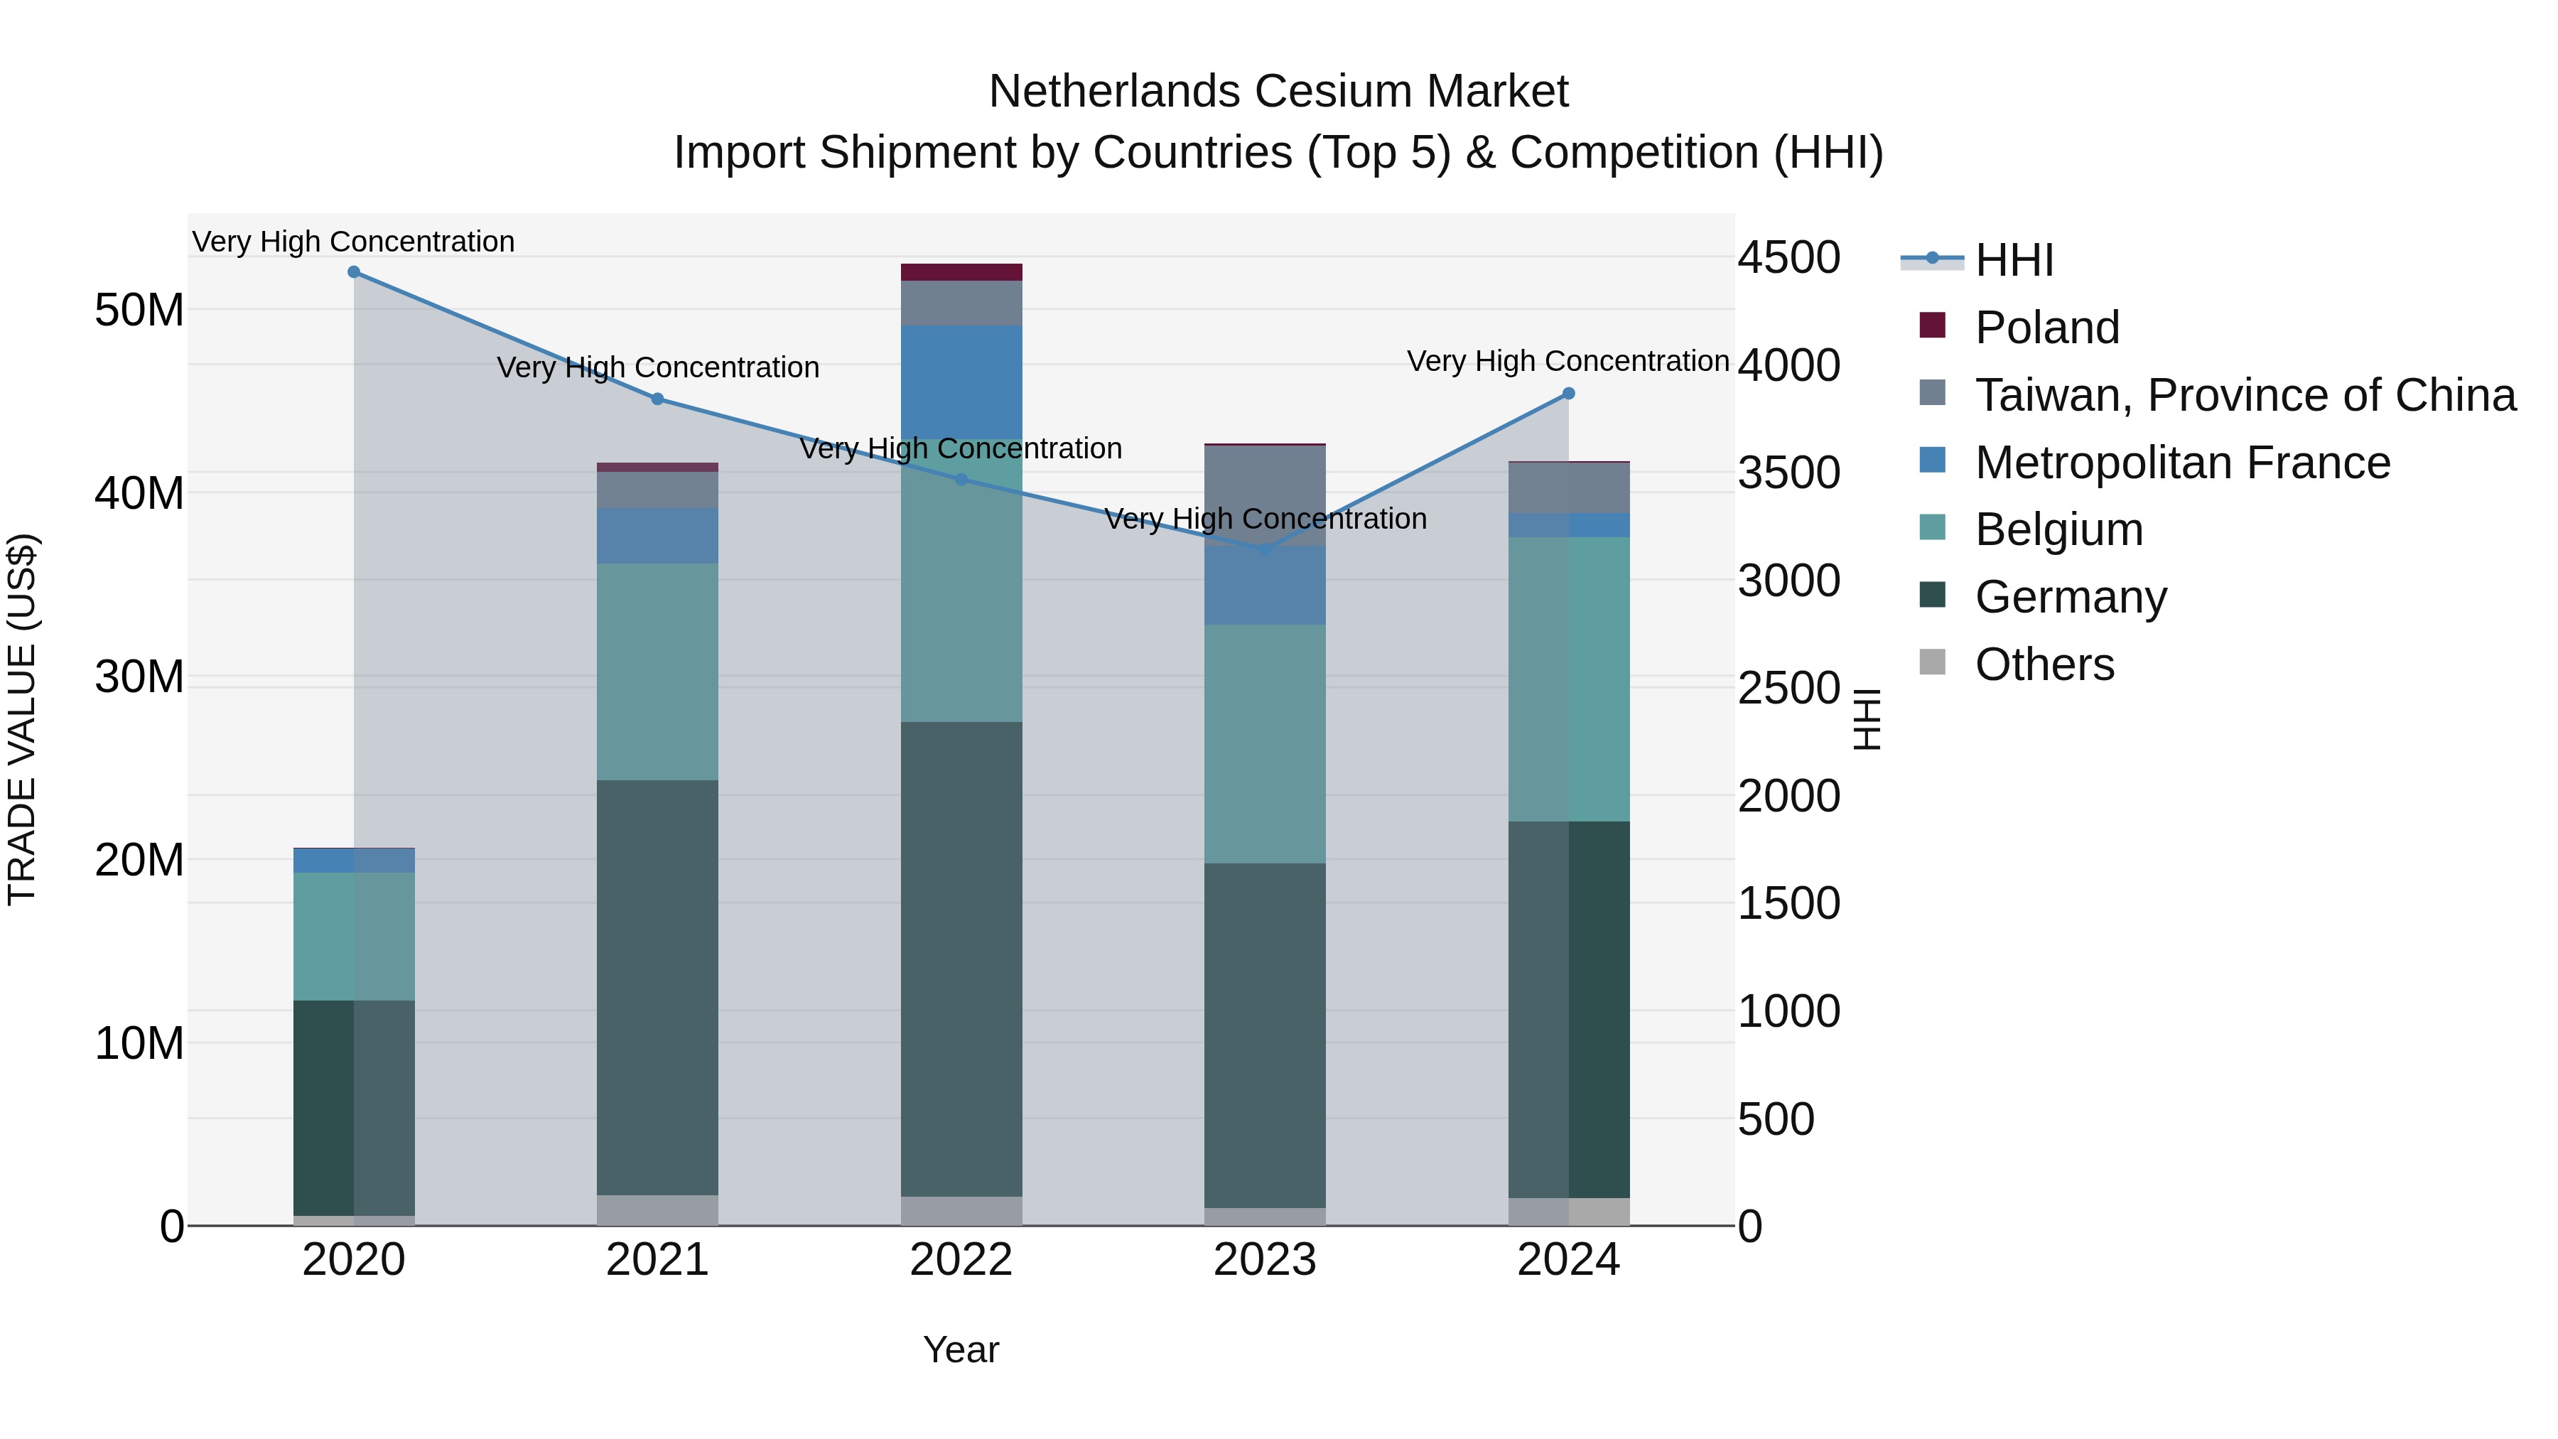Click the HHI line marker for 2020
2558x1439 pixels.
pyautogui.click(x=354, y=272)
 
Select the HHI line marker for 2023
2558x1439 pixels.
pyautogui.click(x=1264, y=549)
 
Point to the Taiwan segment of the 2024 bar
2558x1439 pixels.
pyautogui.click(x=1568, y=487)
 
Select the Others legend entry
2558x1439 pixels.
pyautogui.click(x=2044, y=664)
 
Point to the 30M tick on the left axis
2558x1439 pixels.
pyautogui.click(x=139, y=677)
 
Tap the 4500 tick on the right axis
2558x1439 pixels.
pyautogui.click(x=1788, y=257)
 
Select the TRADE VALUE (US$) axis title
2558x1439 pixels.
pyautogui.click(x=22, y=719)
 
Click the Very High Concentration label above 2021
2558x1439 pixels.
pyautogui.click(x=657, y=367)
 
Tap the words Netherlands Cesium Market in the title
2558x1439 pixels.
pyautogui.click(x=1278, y=92)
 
